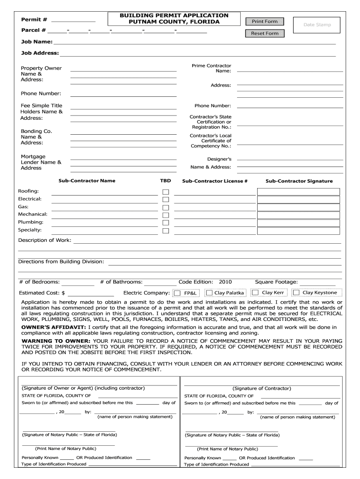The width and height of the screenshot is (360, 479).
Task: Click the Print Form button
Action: coord(265,22)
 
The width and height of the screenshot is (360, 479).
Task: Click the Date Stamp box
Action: coord(317,25)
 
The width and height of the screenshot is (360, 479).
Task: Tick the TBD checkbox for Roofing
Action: coord(166,192)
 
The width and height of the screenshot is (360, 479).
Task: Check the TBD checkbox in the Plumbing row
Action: coord(166,223)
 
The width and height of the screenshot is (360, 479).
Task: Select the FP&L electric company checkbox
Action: coord(177,293)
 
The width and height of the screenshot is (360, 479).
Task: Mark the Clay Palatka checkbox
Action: coord(209,293)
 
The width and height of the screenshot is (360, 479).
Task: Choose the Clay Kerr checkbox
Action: coord(256,293)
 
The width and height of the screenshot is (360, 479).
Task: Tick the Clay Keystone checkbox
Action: coord(296,293)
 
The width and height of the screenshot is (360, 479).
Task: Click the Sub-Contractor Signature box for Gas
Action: coord(299,207)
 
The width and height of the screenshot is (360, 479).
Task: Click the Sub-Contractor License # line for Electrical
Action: coord(215,200)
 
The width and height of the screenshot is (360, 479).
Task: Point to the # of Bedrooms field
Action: coord(78,283)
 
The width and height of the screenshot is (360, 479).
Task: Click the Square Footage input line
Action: coord(317,283)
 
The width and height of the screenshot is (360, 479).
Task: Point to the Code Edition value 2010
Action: coord(225,282)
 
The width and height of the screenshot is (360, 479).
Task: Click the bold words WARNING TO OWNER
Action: coord(56,341)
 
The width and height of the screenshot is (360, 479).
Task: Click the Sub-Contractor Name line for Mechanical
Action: coord(104,216)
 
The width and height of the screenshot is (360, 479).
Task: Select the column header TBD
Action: coord(166,181)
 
